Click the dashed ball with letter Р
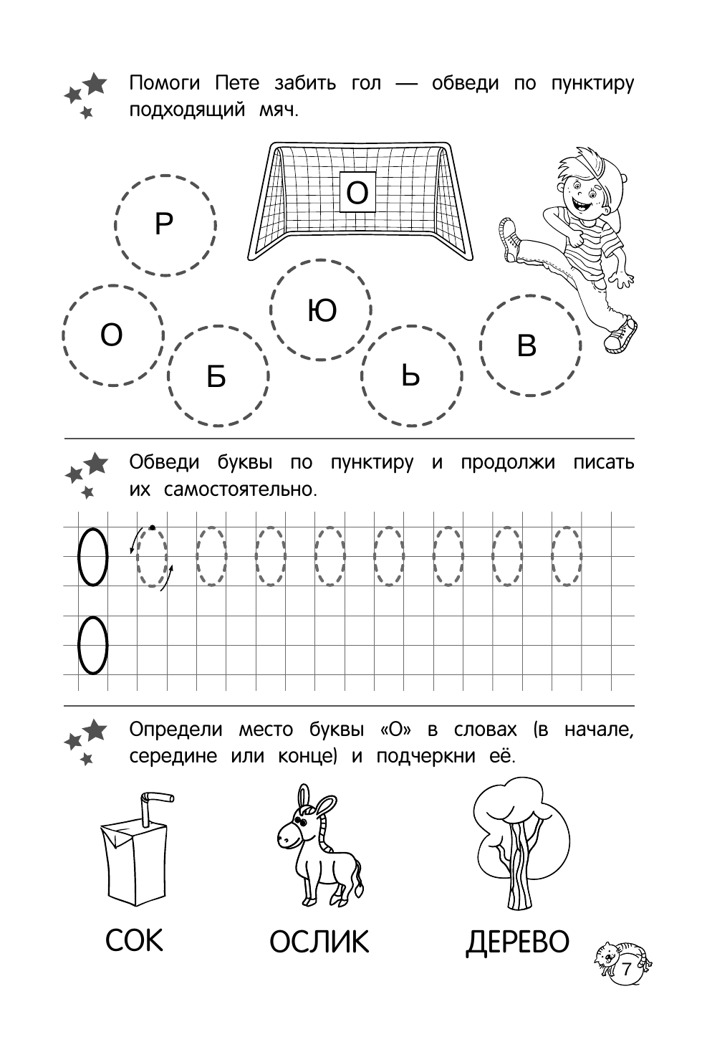[x=165, y=225]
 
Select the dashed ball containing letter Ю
[x=321, y=310]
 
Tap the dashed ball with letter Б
[x=217, y=376]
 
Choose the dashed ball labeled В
[x=529, y=345]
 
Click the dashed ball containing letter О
[x=112, y=335]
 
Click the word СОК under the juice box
[x=134, y=940]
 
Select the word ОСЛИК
[x=319, y=942]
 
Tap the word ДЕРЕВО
[x=516, y=942]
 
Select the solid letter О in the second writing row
[x=92, y=646]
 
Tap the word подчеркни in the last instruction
[x=425, y=757]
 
